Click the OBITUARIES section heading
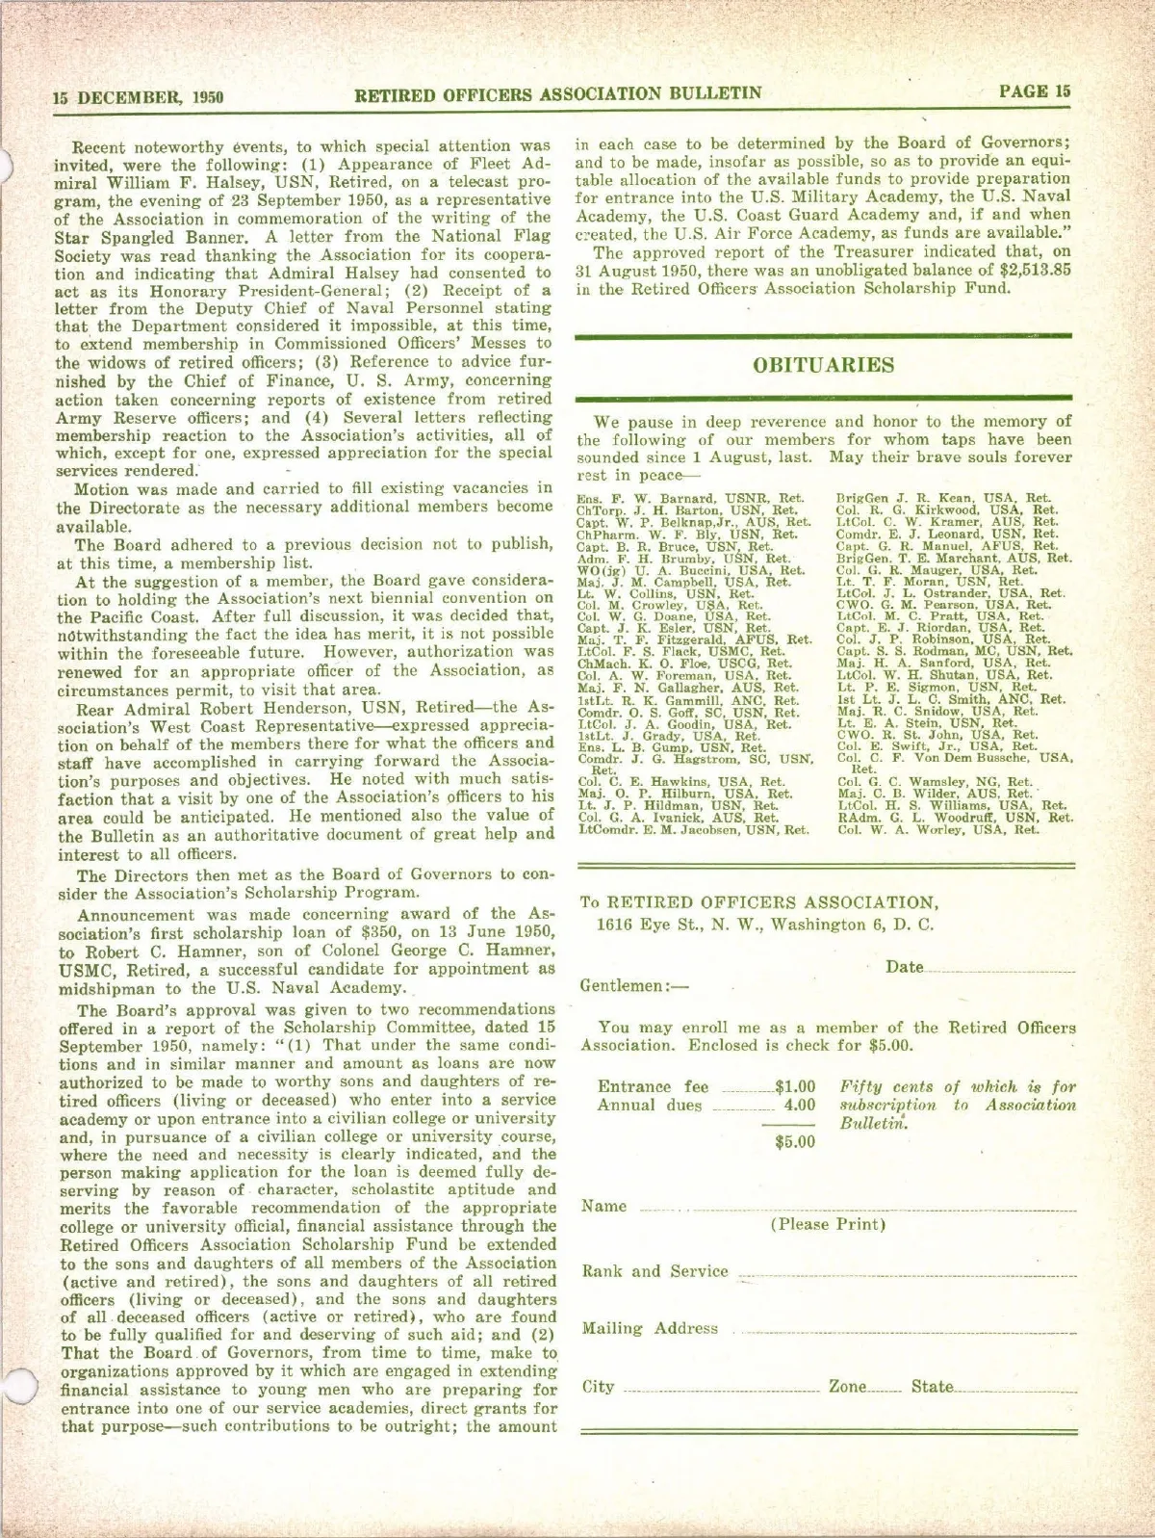(823, 365)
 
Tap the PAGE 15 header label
(1034, 91)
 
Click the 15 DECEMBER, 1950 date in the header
(139, 97)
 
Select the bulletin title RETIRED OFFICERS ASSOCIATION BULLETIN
(558, 93)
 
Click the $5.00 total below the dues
(795, 1142)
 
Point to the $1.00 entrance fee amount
(795, 1087)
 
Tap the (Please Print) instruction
(828, 1225)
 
